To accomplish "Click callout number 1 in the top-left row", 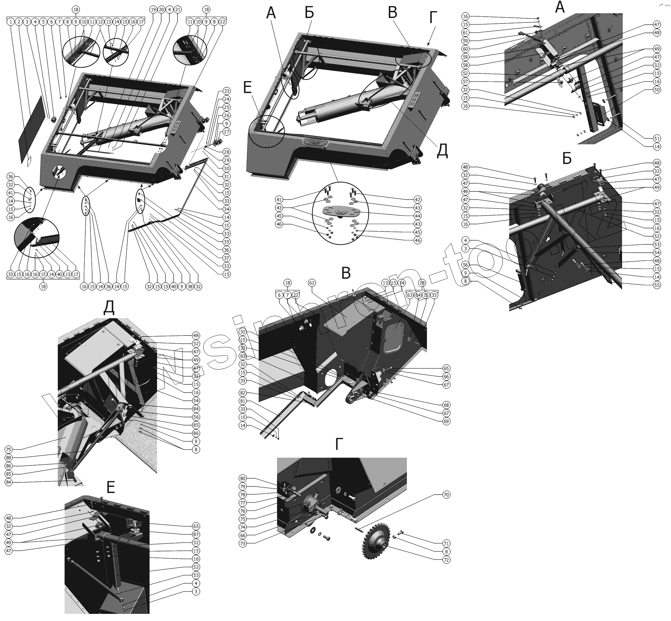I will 11,22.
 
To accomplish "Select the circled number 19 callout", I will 153,10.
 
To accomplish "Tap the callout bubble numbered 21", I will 177,10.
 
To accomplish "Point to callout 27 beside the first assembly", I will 226,132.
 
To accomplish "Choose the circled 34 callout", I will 226,209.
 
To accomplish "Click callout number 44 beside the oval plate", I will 417,216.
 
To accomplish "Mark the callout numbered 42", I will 417,200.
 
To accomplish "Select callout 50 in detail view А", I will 657,90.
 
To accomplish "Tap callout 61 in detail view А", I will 466,33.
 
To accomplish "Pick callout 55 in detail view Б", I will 657,285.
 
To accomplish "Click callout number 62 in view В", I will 312,283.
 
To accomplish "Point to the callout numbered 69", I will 446,421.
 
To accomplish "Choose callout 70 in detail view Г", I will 446,495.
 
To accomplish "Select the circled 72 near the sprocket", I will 446,560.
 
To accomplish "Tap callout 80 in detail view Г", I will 242,478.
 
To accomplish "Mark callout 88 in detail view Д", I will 8,458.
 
